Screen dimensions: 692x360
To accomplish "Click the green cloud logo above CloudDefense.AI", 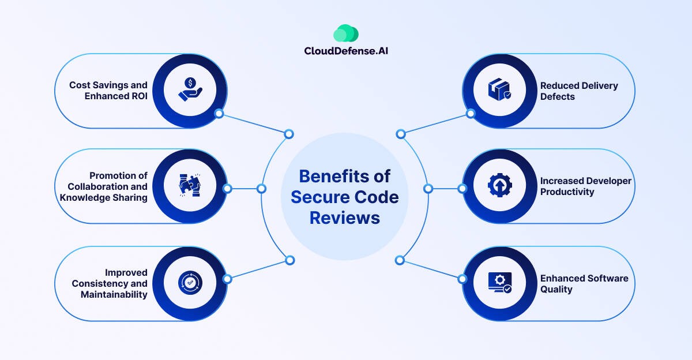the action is coord(345,33).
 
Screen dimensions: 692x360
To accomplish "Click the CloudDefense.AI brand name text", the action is coord(346,51).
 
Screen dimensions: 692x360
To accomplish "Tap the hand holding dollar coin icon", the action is coord(190,89).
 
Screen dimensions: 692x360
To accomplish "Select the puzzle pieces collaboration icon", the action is coord(190,185).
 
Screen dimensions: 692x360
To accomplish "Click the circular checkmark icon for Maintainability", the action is coord(190,283).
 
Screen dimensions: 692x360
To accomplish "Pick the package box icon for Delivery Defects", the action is coord(499,89).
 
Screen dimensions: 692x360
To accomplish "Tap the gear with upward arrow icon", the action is coord(500,185).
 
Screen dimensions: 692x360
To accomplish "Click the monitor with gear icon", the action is coord(500,282).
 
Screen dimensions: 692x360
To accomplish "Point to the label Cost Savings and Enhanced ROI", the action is coord(108,91).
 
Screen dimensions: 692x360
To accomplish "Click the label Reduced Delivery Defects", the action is coord(579,91).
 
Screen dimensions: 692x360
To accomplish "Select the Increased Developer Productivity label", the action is coord(585,186).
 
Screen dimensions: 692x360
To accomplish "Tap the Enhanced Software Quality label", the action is coord(584,284).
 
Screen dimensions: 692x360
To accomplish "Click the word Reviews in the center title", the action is coord(345,218).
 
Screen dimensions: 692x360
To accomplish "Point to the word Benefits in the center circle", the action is coord(334,176).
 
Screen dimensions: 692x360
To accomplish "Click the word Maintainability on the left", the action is coord(114,294).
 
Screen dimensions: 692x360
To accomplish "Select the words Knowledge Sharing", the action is coord(103,198).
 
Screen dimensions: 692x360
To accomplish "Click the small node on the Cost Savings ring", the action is coord(219,114).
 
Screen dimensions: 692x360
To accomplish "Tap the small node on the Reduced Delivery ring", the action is coord(471,114).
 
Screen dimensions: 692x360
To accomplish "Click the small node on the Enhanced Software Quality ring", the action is coord(462,279).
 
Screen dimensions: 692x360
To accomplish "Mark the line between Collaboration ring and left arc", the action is coord(245,189).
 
